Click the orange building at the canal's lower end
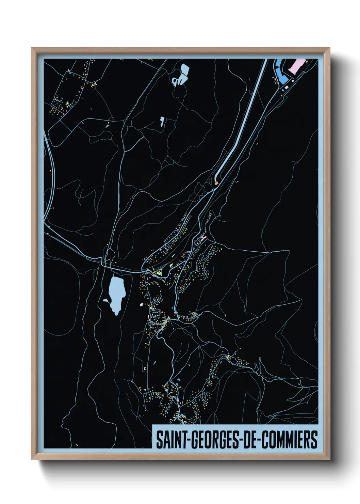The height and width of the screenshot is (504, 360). [x=216, y=183]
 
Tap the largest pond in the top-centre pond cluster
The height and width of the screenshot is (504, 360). [x=185, y=70]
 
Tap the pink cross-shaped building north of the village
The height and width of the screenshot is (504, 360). [x=203, y=238]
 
